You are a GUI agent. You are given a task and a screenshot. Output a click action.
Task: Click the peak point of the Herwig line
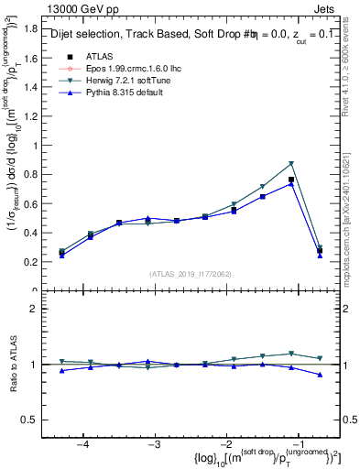[x=291, y=164]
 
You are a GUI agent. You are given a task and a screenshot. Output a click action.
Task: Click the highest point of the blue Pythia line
[x=291, y=183]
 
